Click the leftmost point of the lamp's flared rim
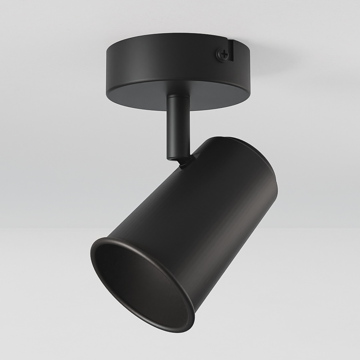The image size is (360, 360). pyautogui.click(x=91, y=252)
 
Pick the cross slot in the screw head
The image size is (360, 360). pyautogui.click(x=223, y=55)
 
